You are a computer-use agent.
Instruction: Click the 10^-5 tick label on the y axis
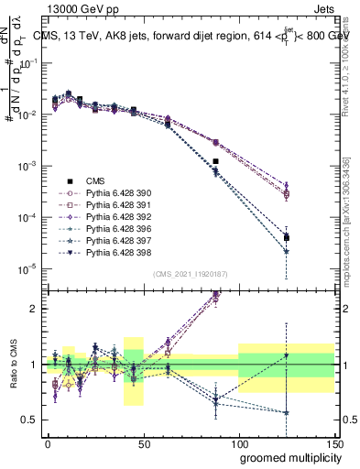[29, 268]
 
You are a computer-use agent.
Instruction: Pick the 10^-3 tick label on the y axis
[29, 166]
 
